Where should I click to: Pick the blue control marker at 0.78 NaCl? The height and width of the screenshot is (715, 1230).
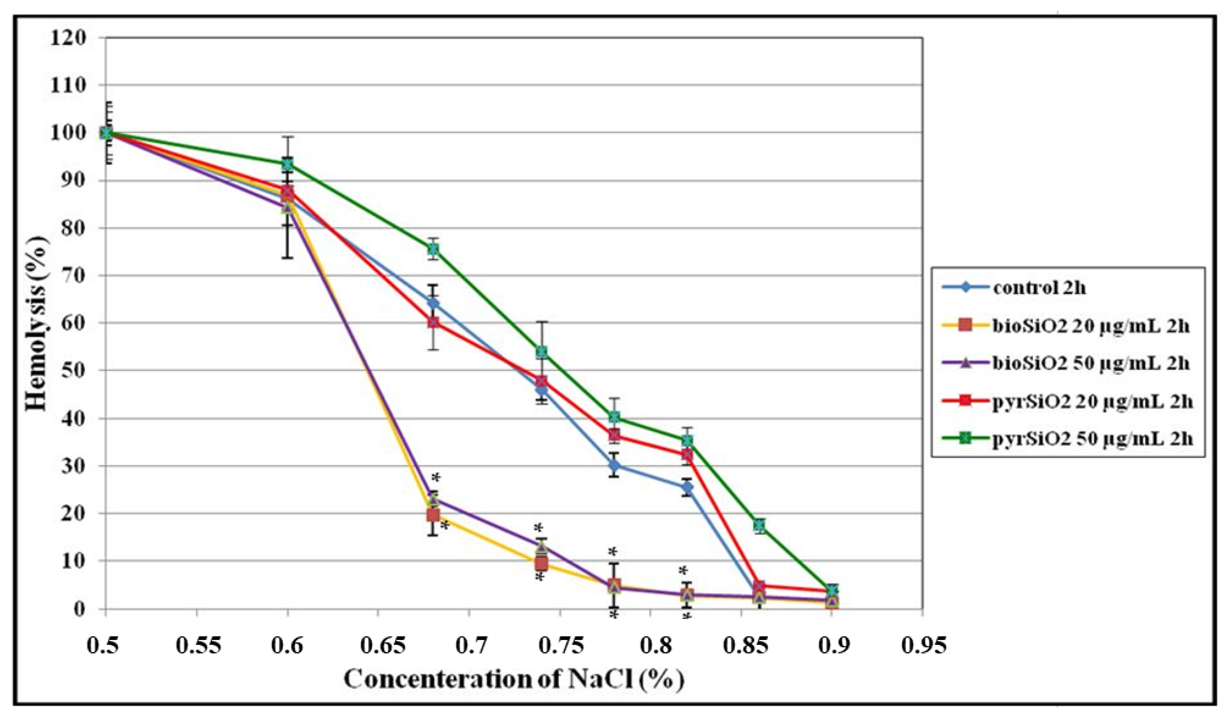614,465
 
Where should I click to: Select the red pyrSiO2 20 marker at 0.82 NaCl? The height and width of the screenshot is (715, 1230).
687,455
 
